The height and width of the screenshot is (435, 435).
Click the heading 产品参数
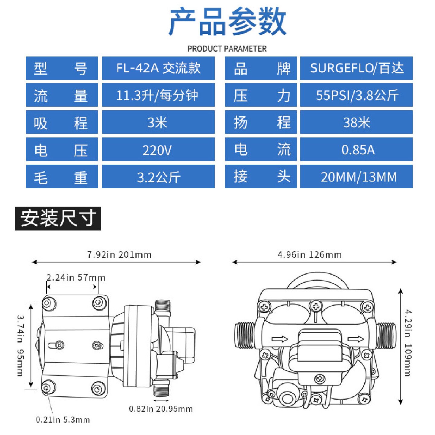tap(227, 22)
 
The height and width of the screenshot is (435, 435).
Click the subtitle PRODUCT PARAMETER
tap(227, 49)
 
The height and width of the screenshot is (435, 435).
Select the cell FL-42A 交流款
tap(158, 68)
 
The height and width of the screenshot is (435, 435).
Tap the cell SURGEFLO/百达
tap(356, 68)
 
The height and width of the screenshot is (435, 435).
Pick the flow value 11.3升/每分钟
tap(158, 95)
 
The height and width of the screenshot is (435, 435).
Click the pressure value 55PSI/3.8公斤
tap(356, 95)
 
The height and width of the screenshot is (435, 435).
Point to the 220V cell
tap(158, 150)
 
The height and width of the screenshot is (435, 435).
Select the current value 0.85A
tap(356, 150)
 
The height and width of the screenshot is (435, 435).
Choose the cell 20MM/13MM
tap(356, 177)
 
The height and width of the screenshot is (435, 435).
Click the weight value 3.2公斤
tap(158, 177)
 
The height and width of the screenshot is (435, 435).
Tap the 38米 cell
tap(356, 122)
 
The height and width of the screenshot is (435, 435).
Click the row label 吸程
tap(62, 123)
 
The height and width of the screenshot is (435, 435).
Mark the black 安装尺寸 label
tap(58, 218)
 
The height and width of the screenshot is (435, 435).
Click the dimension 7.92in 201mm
tap(119, 255)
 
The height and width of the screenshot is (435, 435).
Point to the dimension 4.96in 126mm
tap(310, 255)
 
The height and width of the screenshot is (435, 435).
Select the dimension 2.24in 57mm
tap(76, 278)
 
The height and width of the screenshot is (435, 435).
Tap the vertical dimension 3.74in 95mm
tap(20, 346)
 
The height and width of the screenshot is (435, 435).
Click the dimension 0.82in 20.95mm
tap(161, 409)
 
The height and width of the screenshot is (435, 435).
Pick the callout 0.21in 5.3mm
tap(63, 420)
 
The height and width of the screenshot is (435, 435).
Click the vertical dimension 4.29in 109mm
tap(408, 343)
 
